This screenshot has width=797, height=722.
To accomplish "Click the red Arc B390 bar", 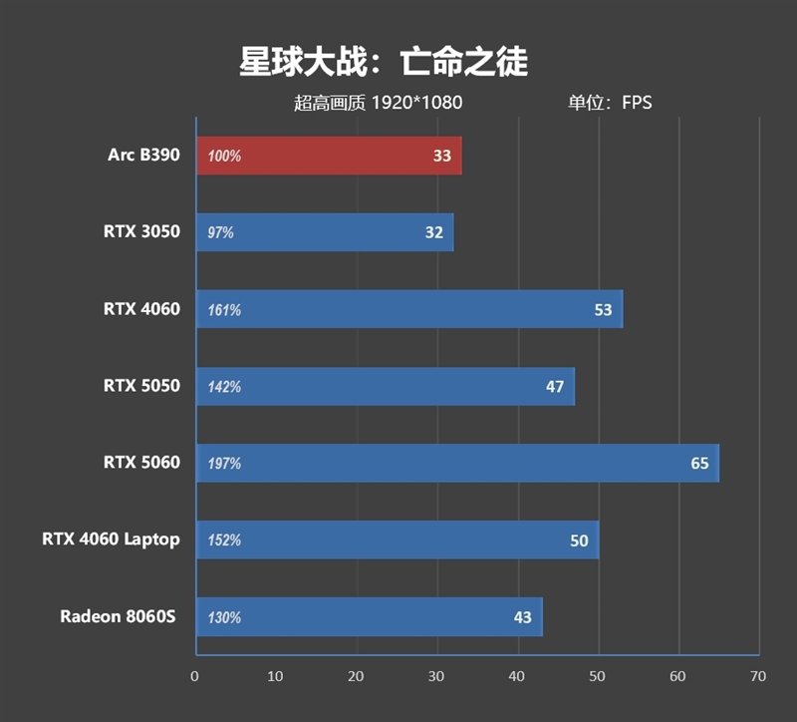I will [x=329, y=156].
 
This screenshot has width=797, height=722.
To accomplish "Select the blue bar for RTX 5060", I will [x=457, y=463].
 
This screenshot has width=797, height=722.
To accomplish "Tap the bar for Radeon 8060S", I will [x=369, y=617].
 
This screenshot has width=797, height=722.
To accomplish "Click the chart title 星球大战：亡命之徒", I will [x=384, y=62].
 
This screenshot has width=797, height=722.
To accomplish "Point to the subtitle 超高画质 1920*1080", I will [x=379, y=102].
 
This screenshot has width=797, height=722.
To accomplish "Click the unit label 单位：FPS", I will [x=610, y=102].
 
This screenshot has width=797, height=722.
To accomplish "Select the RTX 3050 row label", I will [x=141, y=232].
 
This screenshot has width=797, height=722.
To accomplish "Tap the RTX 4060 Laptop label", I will [x=111, y=540].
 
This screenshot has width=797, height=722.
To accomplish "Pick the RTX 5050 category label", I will [x=141, y=386].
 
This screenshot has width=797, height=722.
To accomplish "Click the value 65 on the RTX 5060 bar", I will [x=699, y=464].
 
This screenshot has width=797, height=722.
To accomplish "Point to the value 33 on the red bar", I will [x=442, y=157].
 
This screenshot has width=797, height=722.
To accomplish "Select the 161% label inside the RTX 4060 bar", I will [x=224, y=310].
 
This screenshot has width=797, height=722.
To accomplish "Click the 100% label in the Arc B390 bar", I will [x=224, y=157].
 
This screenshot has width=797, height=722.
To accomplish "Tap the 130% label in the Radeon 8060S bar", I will [x=224, y=617].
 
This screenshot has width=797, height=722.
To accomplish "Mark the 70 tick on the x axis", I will [x=758, y=676].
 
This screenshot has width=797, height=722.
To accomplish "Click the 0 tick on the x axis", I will [x=195, y=676].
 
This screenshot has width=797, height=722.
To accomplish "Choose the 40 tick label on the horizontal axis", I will [x=517, y=676].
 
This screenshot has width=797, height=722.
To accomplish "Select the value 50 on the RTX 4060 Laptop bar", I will [x=579, y=541].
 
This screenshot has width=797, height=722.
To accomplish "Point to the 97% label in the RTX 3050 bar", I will [x=220, y=233].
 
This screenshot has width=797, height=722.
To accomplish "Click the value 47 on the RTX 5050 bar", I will [x=555, y=387].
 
